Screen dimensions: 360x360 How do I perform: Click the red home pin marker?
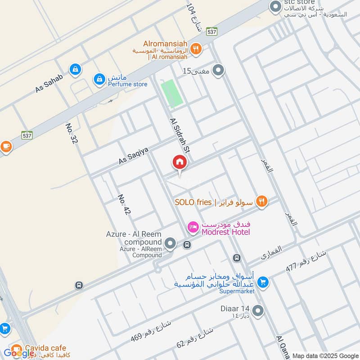click(179, 162)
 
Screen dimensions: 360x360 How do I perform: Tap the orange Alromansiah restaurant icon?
click(195, 49)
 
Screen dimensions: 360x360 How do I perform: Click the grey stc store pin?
click(274, 7)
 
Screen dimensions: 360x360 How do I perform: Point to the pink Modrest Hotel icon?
click(193, 227)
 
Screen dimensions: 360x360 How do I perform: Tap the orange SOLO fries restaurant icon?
click(261, 202)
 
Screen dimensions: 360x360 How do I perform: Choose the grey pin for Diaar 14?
click(258, 310)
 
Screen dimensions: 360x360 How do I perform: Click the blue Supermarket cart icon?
click(263, 283)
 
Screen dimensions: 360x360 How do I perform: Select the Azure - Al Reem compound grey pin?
click(170, 244)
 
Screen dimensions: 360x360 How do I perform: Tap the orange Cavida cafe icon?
click(16, 349)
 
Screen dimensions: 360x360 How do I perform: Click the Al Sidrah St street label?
click(179, 137)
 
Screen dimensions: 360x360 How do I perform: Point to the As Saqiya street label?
click(133, 154)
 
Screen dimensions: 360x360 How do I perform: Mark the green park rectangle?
click(172, 94)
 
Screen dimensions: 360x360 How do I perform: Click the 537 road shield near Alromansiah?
click(212, 32)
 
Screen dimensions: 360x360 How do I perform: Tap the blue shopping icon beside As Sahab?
click(75, 69)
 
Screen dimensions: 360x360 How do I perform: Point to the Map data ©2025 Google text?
click(324, 355)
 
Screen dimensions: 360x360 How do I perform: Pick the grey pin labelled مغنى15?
click(218, 71)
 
